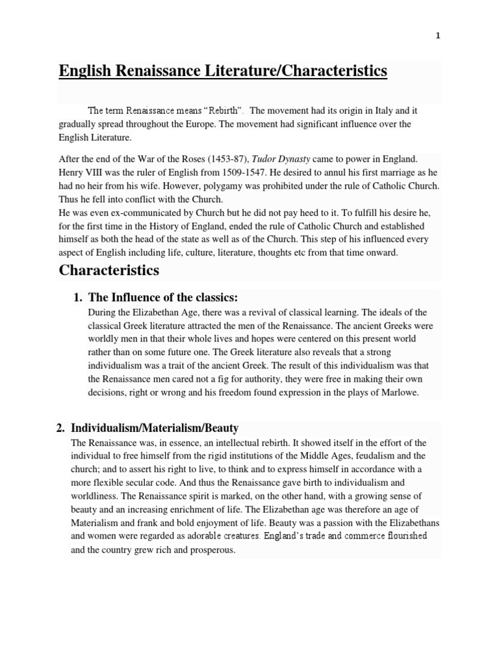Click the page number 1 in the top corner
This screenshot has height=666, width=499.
[x=438, y=36]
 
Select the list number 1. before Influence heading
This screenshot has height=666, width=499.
[x=77, y=297]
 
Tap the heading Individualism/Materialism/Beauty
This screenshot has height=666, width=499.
[x=154, y=428]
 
